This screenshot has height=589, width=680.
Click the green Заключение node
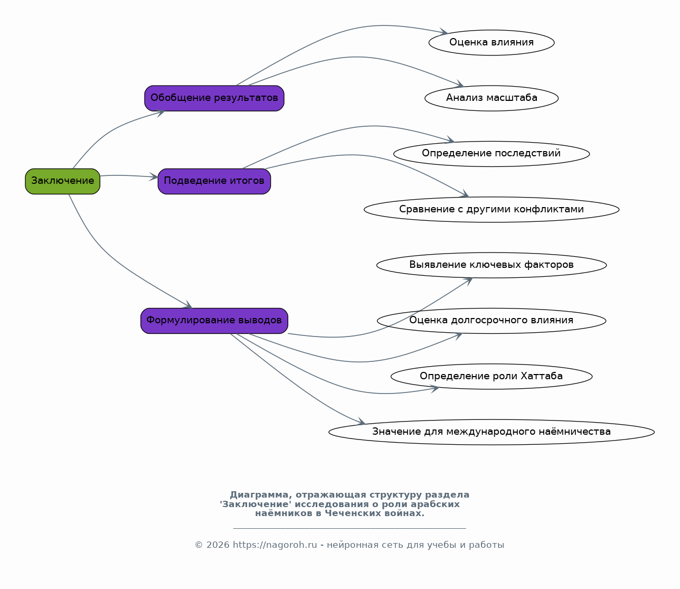[62, 181]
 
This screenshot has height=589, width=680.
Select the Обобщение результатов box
[214, 98]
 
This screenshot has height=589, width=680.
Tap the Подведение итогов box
[214, 181]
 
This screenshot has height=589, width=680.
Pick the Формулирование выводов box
[214, 321]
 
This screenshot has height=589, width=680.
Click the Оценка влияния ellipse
[492, 42]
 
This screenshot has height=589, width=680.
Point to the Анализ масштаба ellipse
[492, 98]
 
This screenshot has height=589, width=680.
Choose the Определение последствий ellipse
[492, 154]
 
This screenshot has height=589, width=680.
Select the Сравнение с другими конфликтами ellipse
[492, 209]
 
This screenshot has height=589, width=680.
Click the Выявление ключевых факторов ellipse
[492, 265]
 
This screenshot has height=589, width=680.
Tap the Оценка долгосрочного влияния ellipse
[492, 321]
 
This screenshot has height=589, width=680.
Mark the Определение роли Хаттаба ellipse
[492, 376]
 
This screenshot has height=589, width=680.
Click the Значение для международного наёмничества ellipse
[492, 432]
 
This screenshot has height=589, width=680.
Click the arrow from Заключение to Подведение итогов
[129, 176]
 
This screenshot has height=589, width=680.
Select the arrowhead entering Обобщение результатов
[160, 113]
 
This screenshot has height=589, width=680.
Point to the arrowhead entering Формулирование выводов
[188, 305]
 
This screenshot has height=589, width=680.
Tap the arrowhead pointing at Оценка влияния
[443, 32]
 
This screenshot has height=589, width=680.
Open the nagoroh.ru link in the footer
[275, 545]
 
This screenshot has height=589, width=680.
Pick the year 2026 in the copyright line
[218, 545]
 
